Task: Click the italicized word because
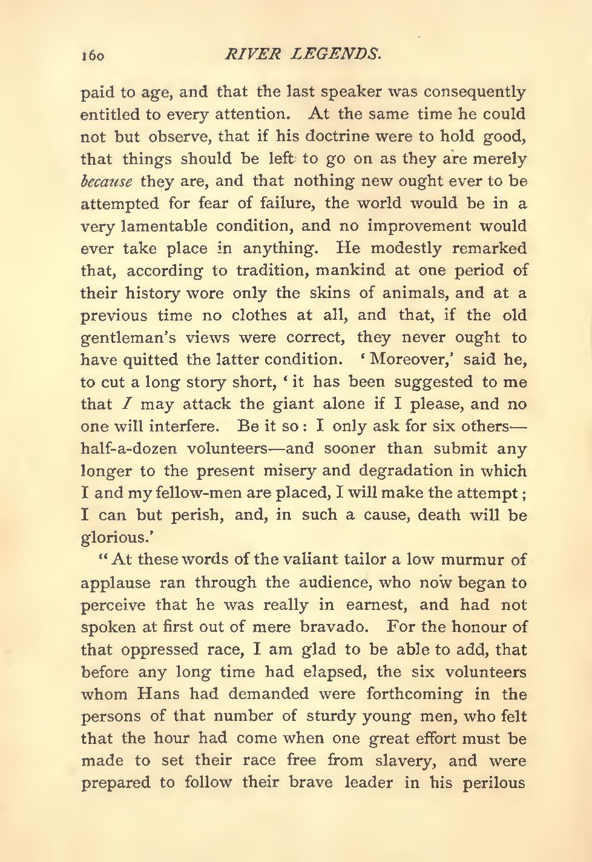106,181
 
